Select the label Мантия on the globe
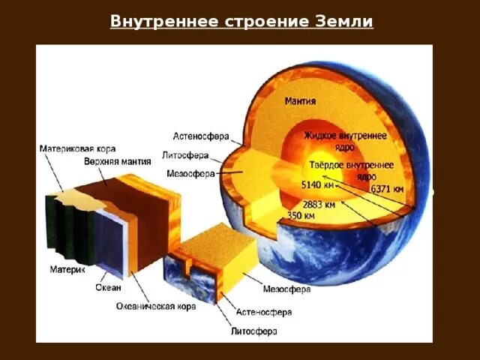[300, 100]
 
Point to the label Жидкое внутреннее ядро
[345, 141]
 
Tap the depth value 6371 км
[389, 189]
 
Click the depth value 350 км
[301, 215]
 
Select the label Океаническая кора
[156, 306]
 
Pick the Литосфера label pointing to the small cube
[253, 330]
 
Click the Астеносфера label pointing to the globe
[201, 136]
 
